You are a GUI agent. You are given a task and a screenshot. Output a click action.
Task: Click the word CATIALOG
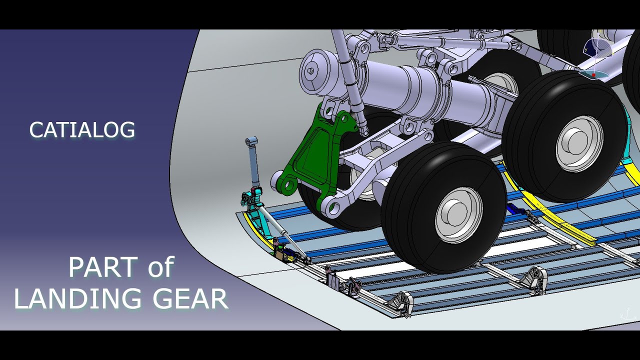[82, 130]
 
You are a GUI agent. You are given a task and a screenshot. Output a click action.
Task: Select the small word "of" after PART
[160, 267]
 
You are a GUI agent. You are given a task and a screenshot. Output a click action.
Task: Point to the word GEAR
[190, 299]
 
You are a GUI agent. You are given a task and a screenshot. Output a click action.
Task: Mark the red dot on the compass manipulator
[593, 75]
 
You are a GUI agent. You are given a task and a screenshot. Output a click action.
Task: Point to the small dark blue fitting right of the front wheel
[515, 209]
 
